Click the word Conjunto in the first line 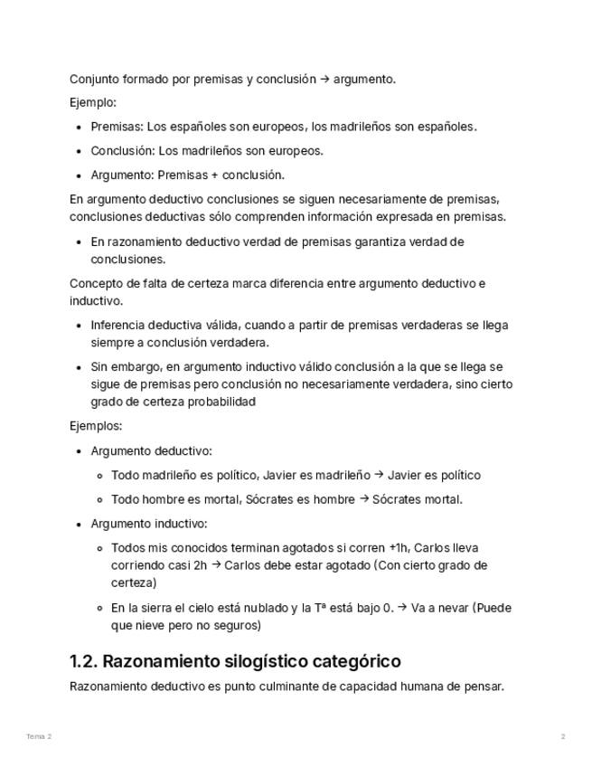pyautogui.click(x=93, y=79)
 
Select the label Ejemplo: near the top pyautogui.click(x=93, y=102)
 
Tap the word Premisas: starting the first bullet pyautogui.click(x=117, y=127)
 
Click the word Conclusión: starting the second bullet pyautogui.click(x=123, y=151)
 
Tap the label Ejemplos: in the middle pyautogui.click(x=96, y=426)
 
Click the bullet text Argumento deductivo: pyautogui.click(x=152, y=450)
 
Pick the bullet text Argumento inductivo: pyautogui.click(x=149, y=524)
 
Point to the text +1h pyautogui.click(x=398, y=548)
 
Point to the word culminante pyautogui.click(x=306, y=687)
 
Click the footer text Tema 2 pyautogui.click(x=39, y=737)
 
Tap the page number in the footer pyautogui.click(x=563, y=737)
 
